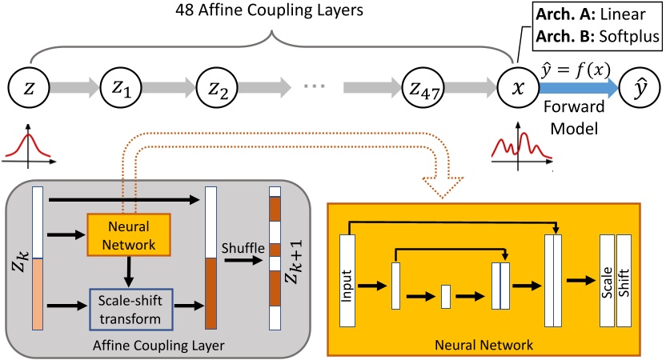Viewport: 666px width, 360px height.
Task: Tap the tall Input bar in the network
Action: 347,280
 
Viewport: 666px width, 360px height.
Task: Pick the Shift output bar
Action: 624,280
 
